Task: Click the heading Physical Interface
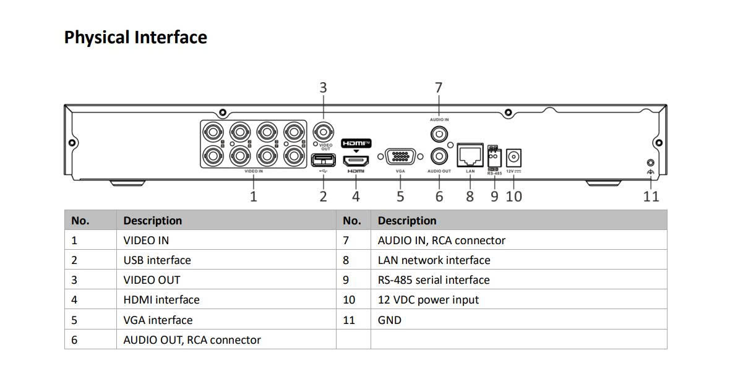[x=135, y=38]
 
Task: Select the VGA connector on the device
[x=400, y=156]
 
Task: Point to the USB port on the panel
[x=322, y=161]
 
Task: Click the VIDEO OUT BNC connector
[x=322, y=132]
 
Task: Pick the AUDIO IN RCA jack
[x=439, y=133]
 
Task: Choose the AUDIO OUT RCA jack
[x=439, y=155]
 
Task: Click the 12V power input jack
[x=513, y=157]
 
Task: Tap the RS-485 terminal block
[x=493, y=157]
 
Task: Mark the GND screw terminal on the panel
[x=650, y=163]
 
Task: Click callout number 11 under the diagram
[x=651, y=197]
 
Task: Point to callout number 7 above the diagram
[x=439, y=88]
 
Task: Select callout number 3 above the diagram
[x=322, y=88]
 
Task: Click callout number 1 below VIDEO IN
[x=253, y=197]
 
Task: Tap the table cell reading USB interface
[x=157, y=260]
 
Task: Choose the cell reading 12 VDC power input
[x=428, y=300]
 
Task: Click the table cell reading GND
[x=390, y=320]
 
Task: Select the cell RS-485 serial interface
[x=434, y=280]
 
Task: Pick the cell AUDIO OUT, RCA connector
[x=192, y=340]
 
